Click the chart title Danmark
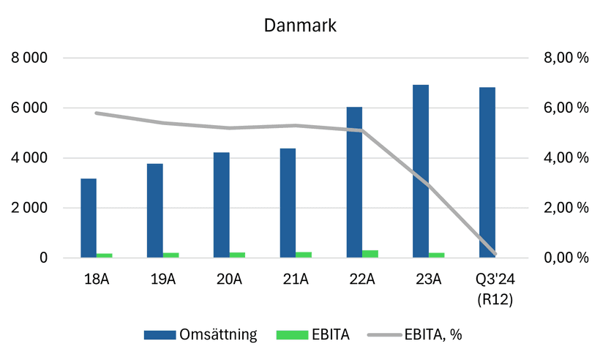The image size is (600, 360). tap(300, 26)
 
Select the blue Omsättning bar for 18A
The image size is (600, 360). tap(89, 218)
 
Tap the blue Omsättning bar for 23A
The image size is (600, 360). tap(421, 171)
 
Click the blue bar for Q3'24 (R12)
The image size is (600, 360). tap(487, 173)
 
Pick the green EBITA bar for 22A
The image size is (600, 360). tap(370, 254)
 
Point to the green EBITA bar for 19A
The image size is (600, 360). tap(171, 255)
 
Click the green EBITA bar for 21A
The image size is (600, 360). tap(304, 255)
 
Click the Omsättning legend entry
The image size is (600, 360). tap(200, 335)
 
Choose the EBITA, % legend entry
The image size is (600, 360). tap(416, 335)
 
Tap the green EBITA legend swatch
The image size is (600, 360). tap(290, 335)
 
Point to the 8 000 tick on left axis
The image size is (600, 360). tap(30, 58)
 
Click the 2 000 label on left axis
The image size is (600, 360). tap(30, 208)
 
